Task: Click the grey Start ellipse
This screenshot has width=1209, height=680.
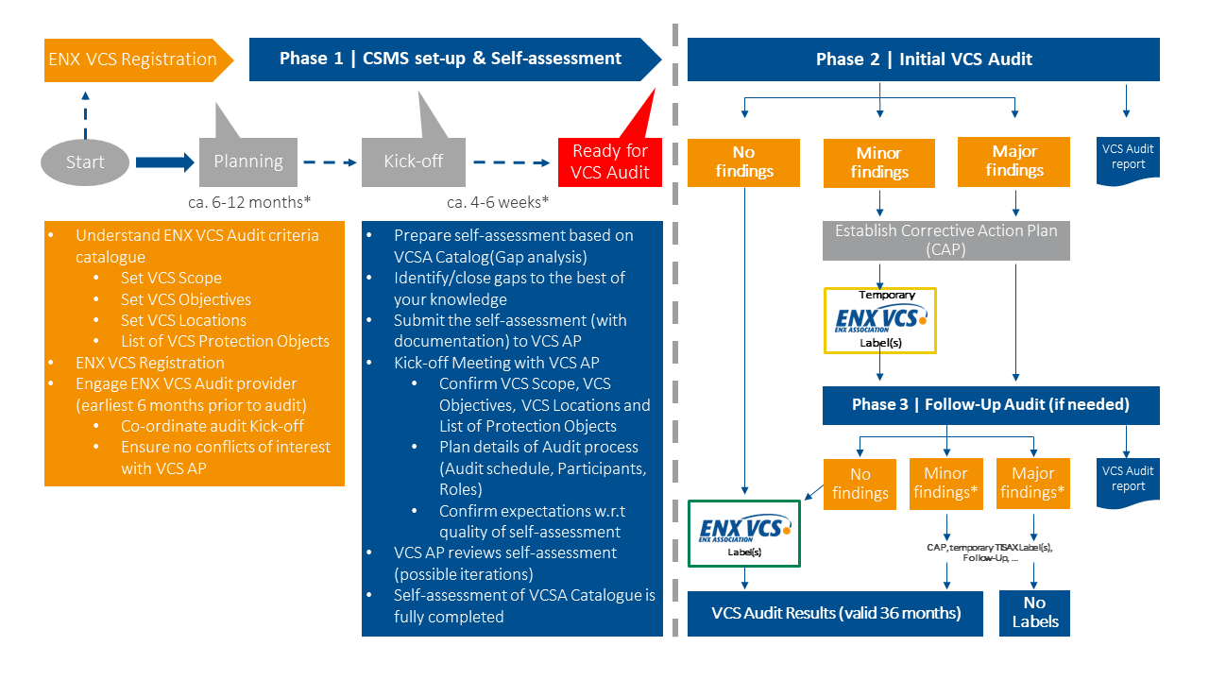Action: (x=85, y=162)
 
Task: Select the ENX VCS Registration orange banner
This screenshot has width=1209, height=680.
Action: (x=132, y=59)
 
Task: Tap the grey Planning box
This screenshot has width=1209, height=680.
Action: (x=248, y=161)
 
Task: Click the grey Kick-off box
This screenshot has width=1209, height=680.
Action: (x=413, y=161)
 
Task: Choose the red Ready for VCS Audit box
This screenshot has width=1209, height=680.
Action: (x=609, y=161)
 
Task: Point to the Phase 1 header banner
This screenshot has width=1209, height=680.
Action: (x=451, y=59)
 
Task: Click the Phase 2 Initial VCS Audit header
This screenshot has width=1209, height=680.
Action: (x=923, y=59)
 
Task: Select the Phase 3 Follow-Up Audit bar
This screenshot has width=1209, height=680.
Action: (x=990, y=404)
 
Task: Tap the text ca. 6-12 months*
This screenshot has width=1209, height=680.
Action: (x=249, y=202)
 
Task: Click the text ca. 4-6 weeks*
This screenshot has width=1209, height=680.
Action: (x=498, y=202)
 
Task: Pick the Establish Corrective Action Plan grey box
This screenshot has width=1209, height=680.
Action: (x=946, y=240)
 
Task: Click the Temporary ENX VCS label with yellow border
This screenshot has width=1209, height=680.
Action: (x=879, y=320)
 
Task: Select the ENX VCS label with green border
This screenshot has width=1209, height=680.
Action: (x=743, y=533)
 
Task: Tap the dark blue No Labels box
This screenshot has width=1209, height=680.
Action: (x=1034, y=612)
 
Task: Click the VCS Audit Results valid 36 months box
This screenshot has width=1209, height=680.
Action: (x=836, y=613)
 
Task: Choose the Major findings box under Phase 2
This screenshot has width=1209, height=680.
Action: (x=1013, y=161)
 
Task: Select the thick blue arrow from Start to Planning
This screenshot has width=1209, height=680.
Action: (x=163, y=162)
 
